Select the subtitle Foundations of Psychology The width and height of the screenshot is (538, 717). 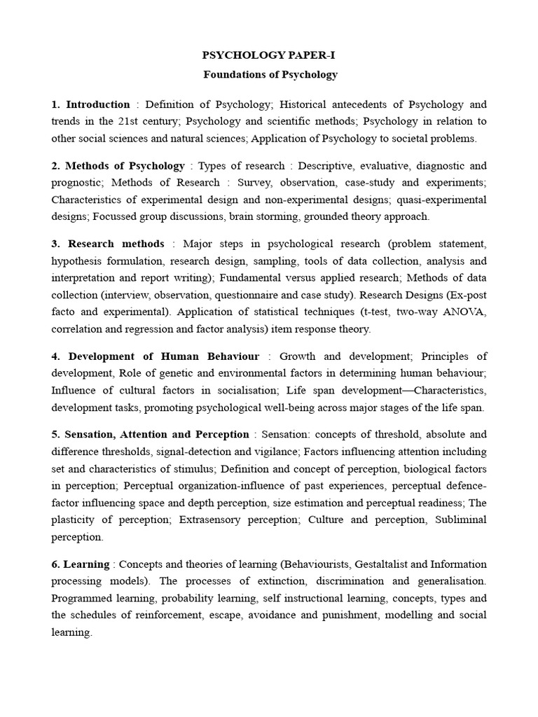click(x=270, y=74)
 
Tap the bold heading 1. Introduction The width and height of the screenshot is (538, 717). click(x=90, y=104)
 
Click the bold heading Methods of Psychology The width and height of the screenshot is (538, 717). click(x=125, y=166)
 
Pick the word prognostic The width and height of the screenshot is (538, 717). click(x=77, y=183)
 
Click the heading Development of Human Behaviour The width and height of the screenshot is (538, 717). click(x=163, y=356)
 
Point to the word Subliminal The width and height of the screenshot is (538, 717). click(x=457, y=520)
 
